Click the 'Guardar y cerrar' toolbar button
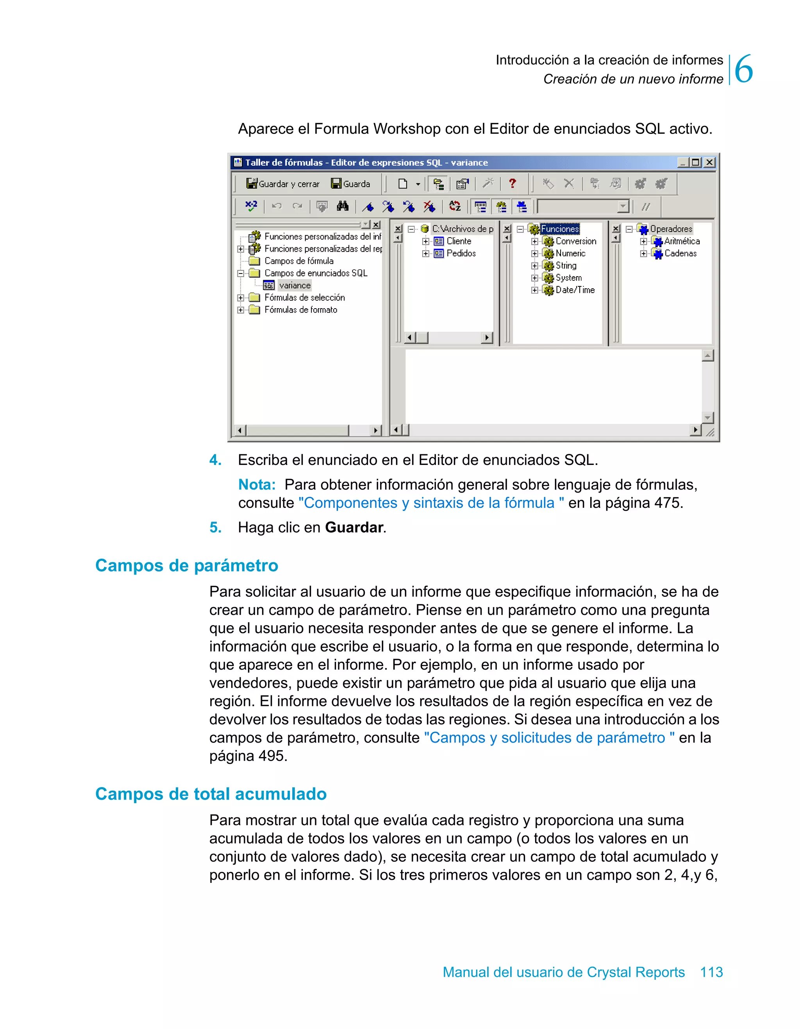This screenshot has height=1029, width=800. click(x=283, y=184)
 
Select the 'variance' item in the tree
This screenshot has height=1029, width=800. click(x=295, y=286)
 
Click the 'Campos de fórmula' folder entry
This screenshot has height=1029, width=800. click(x=299, y=261)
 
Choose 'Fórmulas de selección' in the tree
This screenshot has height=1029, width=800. click(x=304, y=298)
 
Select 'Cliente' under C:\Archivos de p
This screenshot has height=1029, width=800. click(x=459, y=241)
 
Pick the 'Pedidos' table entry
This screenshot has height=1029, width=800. click(x=461, y=254)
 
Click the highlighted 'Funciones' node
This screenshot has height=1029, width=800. click(x=560, y=229)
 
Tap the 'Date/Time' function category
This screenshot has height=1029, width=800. click(x=575, y=290)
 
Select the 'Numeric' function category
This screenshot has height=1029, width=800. click(x=570, y=254)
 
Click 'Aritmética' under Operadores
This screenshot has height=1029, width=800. click(x=682, y=241)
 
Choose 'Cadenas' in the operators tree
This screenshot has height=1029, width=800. click(x=680, y=254)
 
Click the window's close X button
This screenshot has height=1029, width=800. click(x=709, y=163)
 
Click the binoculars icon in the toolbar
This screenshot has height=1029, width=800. click(x=343, y=206)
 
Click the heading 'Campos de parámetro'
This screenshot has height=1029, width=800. click(x=187, y=565)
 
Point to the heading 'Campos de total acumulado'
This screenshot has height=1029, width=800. click(x=211, y=794)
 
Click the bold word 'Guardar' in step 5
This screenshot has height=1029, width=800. click(x=354, y=528)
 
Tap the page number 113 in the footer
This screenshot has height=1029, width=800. click(x=711, y=972)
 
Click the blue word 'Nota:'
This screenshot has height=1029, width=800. click(x=257, y=484)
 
